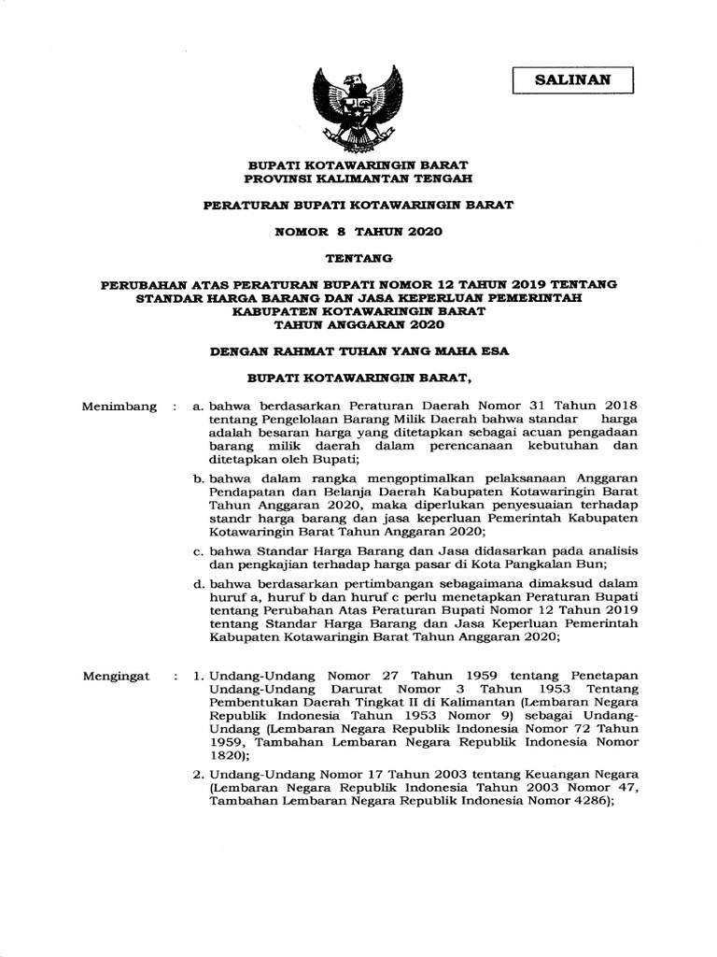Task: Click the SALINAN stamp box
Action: (572, 80)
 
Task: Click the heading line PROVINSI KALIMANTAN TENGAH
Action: (358, 177)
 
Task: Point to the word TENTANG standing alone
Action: (358, 257)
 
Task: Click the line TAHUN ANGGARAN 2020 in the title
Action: (358, 324)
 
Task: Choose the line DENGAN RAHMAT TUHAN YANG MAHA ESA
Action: (358, 351)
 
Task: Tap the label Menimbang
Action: (119, 407)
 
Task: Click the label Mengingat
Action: (117, 676)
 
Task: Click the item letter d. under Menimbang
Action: (198, 584)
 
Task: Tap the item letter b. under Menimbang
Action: (198, 478)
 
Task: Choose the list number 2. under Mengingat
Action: (198, 775)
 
